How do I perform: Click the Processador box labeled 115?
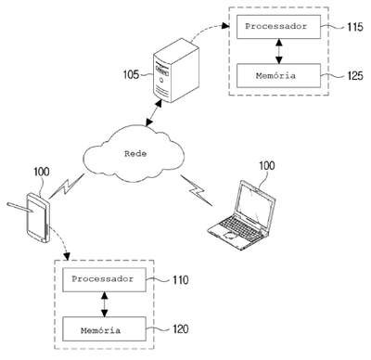coord(278,27)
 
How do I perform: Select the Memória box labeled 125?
coord(278,76)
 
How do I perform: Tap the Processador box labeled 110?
coord(104,280)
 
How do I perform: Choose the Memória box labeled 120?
coord(104,328)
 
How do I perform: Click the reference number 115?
coord(354,27)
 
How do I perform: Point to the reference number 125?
coord(354,75)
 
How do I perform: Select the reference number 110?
coord(180,280)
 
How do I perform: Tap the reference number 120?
coord(180,328)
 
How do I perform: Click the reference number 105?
coord(131,74)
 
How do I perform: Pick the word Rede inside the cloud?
coord(135,153)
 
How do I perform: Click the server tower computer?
coord(176,71)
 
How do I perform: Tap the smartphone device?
coord(38,218)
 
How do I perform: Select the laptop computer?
coord(241,215)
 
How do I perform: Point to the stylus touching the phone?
coord(20,207)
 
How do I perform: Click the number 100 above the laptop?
coord(266,166)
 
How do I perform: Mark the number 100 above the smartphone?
coord(42,172)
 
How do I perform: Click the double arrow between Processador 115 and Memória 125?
coord(279,51)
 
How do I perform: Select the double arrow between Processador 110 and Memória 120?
coord(105,304)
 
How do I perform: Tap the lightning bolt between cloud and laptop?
coord(197,190)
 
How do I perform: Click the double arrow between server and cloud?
coord(154,113)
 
